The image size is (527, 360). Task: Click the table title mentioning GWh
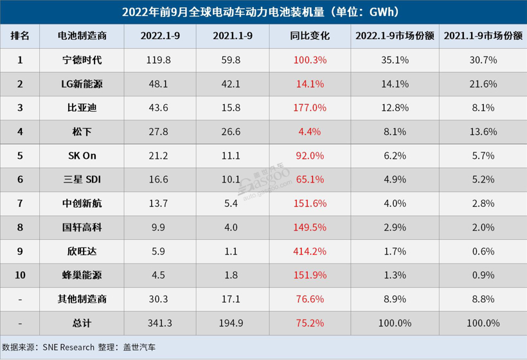pos(263,12)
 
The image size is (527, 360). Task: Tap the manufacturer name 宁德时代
pos(80,60)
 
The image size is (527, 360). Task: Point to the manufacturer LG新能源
pos(80,84)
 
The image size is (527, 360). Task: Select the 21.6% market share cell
pos(482,84)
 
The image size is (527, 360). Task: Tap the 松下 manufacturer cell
pos(80,131)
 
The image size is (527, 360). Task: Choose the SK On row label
pos(80,156)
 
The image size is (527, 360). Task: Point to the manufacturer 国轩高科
pos(80,227)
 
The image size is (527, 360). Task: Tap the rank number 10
pos(20,274)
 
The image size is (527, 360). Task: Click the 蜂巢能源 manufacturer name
pos(80,274)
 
